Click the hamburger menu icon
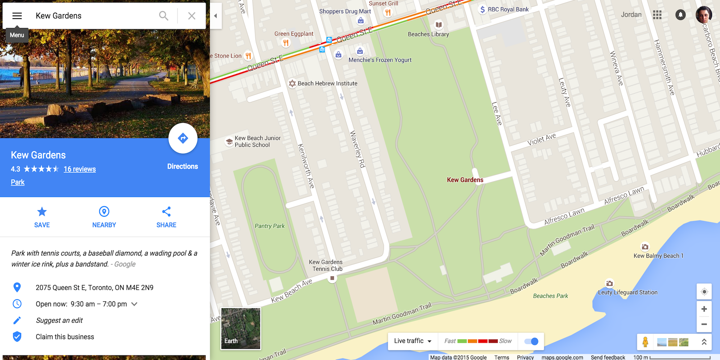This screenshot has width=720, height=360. click(17, 16)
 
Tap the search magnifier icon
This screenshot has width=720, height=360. click(163, 16)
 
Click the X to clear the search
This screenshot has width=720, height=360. click(192, 16)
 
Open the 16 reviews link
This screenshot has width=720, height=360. click(80, 169)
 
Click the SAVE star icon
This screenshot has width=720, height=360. click(42, 212)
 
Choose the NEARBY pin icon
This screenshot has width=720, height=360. click(104, 212)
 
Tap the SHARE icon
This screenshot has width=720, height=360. click(166, 212)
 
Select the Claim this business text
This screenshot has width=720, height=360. click(65, 337)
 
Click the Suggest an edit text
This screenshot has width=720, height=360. click(59, 320)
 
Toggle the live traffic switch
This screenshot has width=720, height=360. click(531, 341)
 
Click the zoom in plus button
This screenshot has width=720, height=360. click(704, 309)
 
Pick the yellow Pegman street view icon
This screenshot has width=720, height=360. click(645, 342)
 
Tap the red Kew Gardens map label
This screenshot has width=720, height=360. click(465, 180)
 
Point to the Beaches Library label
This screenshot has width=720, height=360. click(428, 35)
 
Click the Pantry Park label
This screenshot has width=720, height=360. click(270, 226)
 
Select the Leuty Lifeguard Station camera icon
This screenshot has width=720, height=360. click(609, 284)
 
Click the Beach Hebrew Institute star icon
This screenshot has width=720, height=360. click(292, 84)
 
